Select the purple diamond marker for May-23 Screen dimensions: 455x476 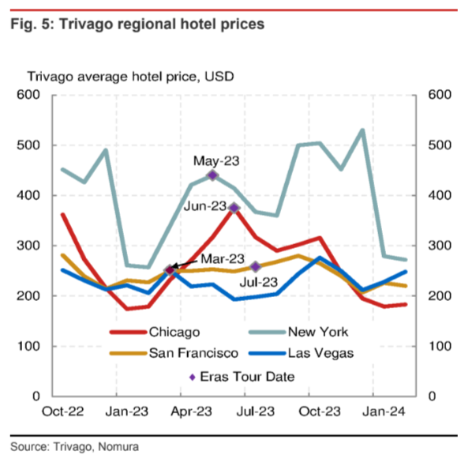(x=212, y=175)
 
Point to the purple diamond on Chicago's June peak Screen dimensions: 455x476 (x=234, y=208)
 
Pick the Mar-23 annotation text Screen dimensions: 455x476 (x=223, y=259)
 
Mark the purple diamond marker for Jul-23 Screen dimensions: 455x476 (x=256, y=267)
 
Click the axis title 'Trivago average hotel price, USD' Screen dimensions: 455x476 (x=126, y=77)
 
